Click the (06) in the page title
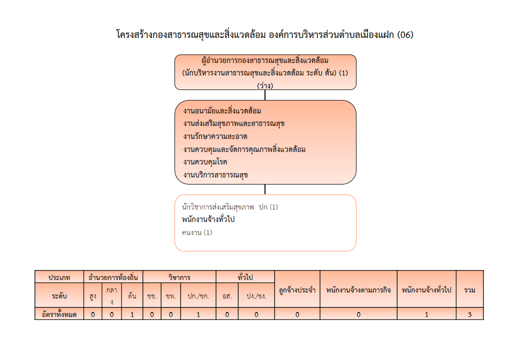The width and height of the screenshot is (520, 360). (405, 35)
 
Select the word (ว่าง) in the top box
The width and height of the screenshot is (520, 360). (265, 85)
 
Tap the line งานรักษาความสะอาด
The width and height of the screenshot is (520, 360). (215, 136)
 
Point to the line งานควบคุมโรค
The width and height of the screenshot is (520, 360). (205, 162)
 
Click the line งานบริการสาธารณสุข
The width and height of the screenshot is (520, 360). (215, 175)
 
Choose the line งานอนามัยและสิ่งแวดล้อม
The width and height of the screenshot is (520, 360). (222, 110)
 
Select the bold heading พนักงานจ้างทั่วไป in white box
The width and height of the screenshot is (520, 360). (208, 219)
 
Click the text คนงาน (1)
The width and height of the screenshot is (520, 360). (197, 232)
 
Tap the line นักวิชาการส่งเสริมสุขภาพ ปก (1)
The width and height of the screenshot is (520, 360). (230, 207)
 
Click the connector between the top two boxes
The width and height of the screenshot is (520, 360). (265, 95)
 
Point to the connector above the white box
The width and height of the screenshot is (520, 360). (265, 189)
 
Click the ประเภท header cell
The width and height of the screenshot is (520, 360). (59, 277)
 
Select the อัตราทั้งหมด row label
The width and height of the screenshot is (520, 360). (59, 314)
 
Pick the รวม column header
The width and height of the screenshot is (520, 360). (469, 289)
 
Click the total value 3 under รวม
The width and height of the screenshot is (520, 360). (469, 314)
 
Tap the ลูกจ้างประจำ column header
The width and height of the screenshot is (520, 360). (297, 289)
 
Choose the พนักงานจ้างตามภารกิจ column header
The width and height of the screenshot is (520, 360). (358, 289)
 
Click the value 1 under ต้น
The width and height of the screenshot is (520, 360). (132, 314)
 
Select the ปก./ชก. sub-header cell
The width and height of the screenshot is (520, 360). (198, 295)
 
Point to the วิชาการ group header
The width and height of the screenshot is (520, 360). (179, 277)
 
